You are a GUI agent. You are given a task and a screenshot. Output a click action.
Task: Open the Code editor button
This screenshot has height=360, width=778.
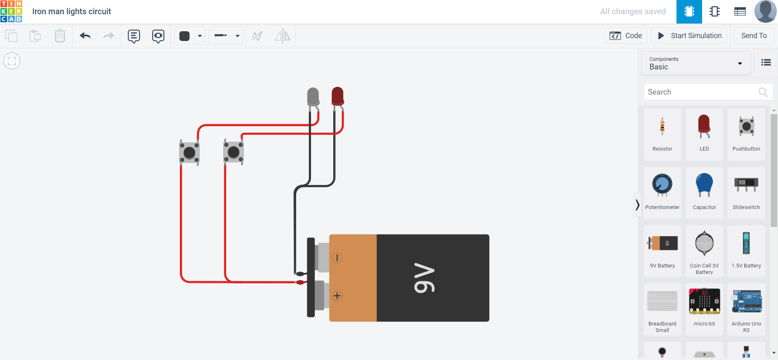[x=626, y=36]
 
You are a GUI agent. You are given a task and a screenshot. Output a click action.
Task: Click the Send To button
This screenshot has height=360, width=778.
[x=754, y=36]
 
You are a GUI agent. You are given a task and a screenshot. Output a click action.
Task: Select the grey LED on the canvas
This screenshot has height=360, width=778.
[x=313, y=97]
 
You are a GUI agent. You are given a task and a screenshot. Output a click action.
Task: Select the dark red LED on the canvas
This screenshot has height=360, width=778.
[x=338, y=96]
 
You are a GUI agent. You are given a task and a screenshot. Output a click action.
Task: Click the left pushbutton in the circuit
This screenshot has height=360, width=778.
[x=190, y=153]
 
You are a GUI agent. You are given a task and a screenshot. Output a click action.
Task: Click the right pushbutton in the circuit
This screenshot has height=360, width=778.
[x=233, y=152]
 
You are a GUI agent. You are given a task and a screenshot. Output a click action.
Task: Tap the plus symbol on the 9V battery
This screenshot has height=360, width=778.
[x=337, y=295]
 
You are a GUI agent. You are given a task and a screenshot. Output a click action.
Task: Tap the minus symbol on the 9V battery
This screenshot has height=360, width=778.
[x=337, y=258]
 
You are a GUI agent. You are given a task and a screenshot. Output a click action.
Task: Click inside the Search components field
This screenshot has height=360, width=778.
[x=700, y=92]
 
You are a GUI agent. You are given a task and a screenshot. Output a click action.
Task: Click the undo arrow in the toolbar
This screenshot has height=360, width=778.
[x=85, y=36]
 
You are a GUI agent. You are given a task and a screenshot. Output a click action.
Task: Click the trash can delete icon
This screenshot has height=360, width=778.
[x=60, y=36]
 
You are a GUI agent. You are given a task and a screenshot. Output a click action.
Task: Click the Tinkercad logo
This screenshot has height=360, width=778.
[x=11, y=11]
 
